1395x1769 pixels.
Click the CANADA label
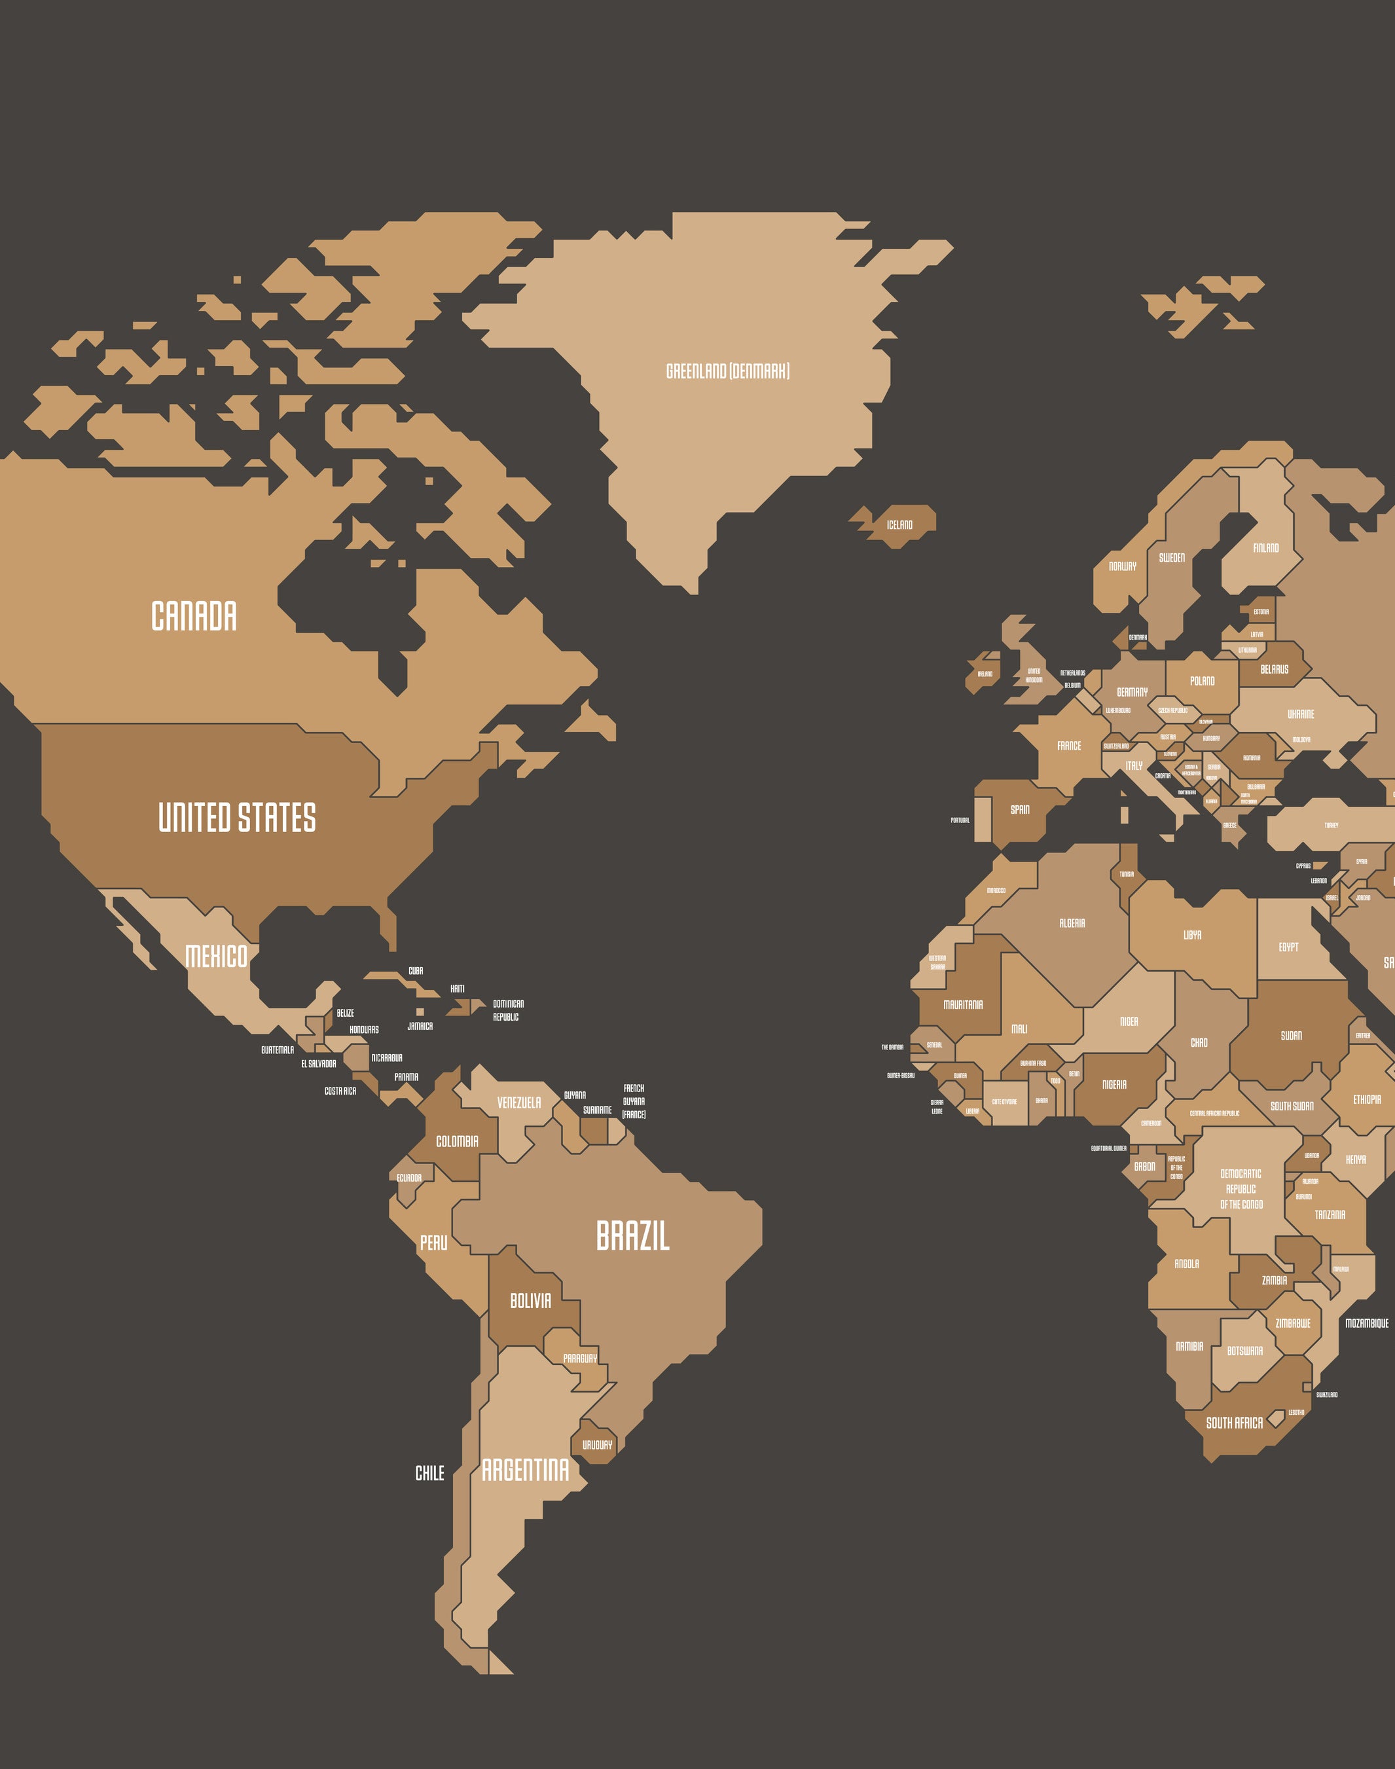194,616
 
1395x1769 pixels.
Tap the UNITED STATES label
237,818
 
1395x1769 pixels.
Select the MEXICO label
217,957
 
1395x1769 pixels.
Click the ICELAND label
899,525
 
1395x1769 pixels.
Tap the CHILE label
429,1472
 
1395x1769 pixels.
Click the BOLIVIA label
530,1300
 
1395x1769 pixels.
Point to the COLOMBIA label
458,1141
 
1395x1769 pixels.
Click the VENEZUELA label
518,1103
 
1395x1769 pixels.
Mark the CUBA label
416,971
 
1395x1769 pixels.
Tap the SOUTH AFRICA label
1234,1423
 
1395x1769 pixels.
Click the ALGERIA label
1072,923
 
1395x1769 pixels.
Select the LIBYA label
1193,934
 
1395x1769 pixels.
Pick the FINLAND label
1266,548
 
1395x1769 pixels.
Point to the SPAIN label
1020,809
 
